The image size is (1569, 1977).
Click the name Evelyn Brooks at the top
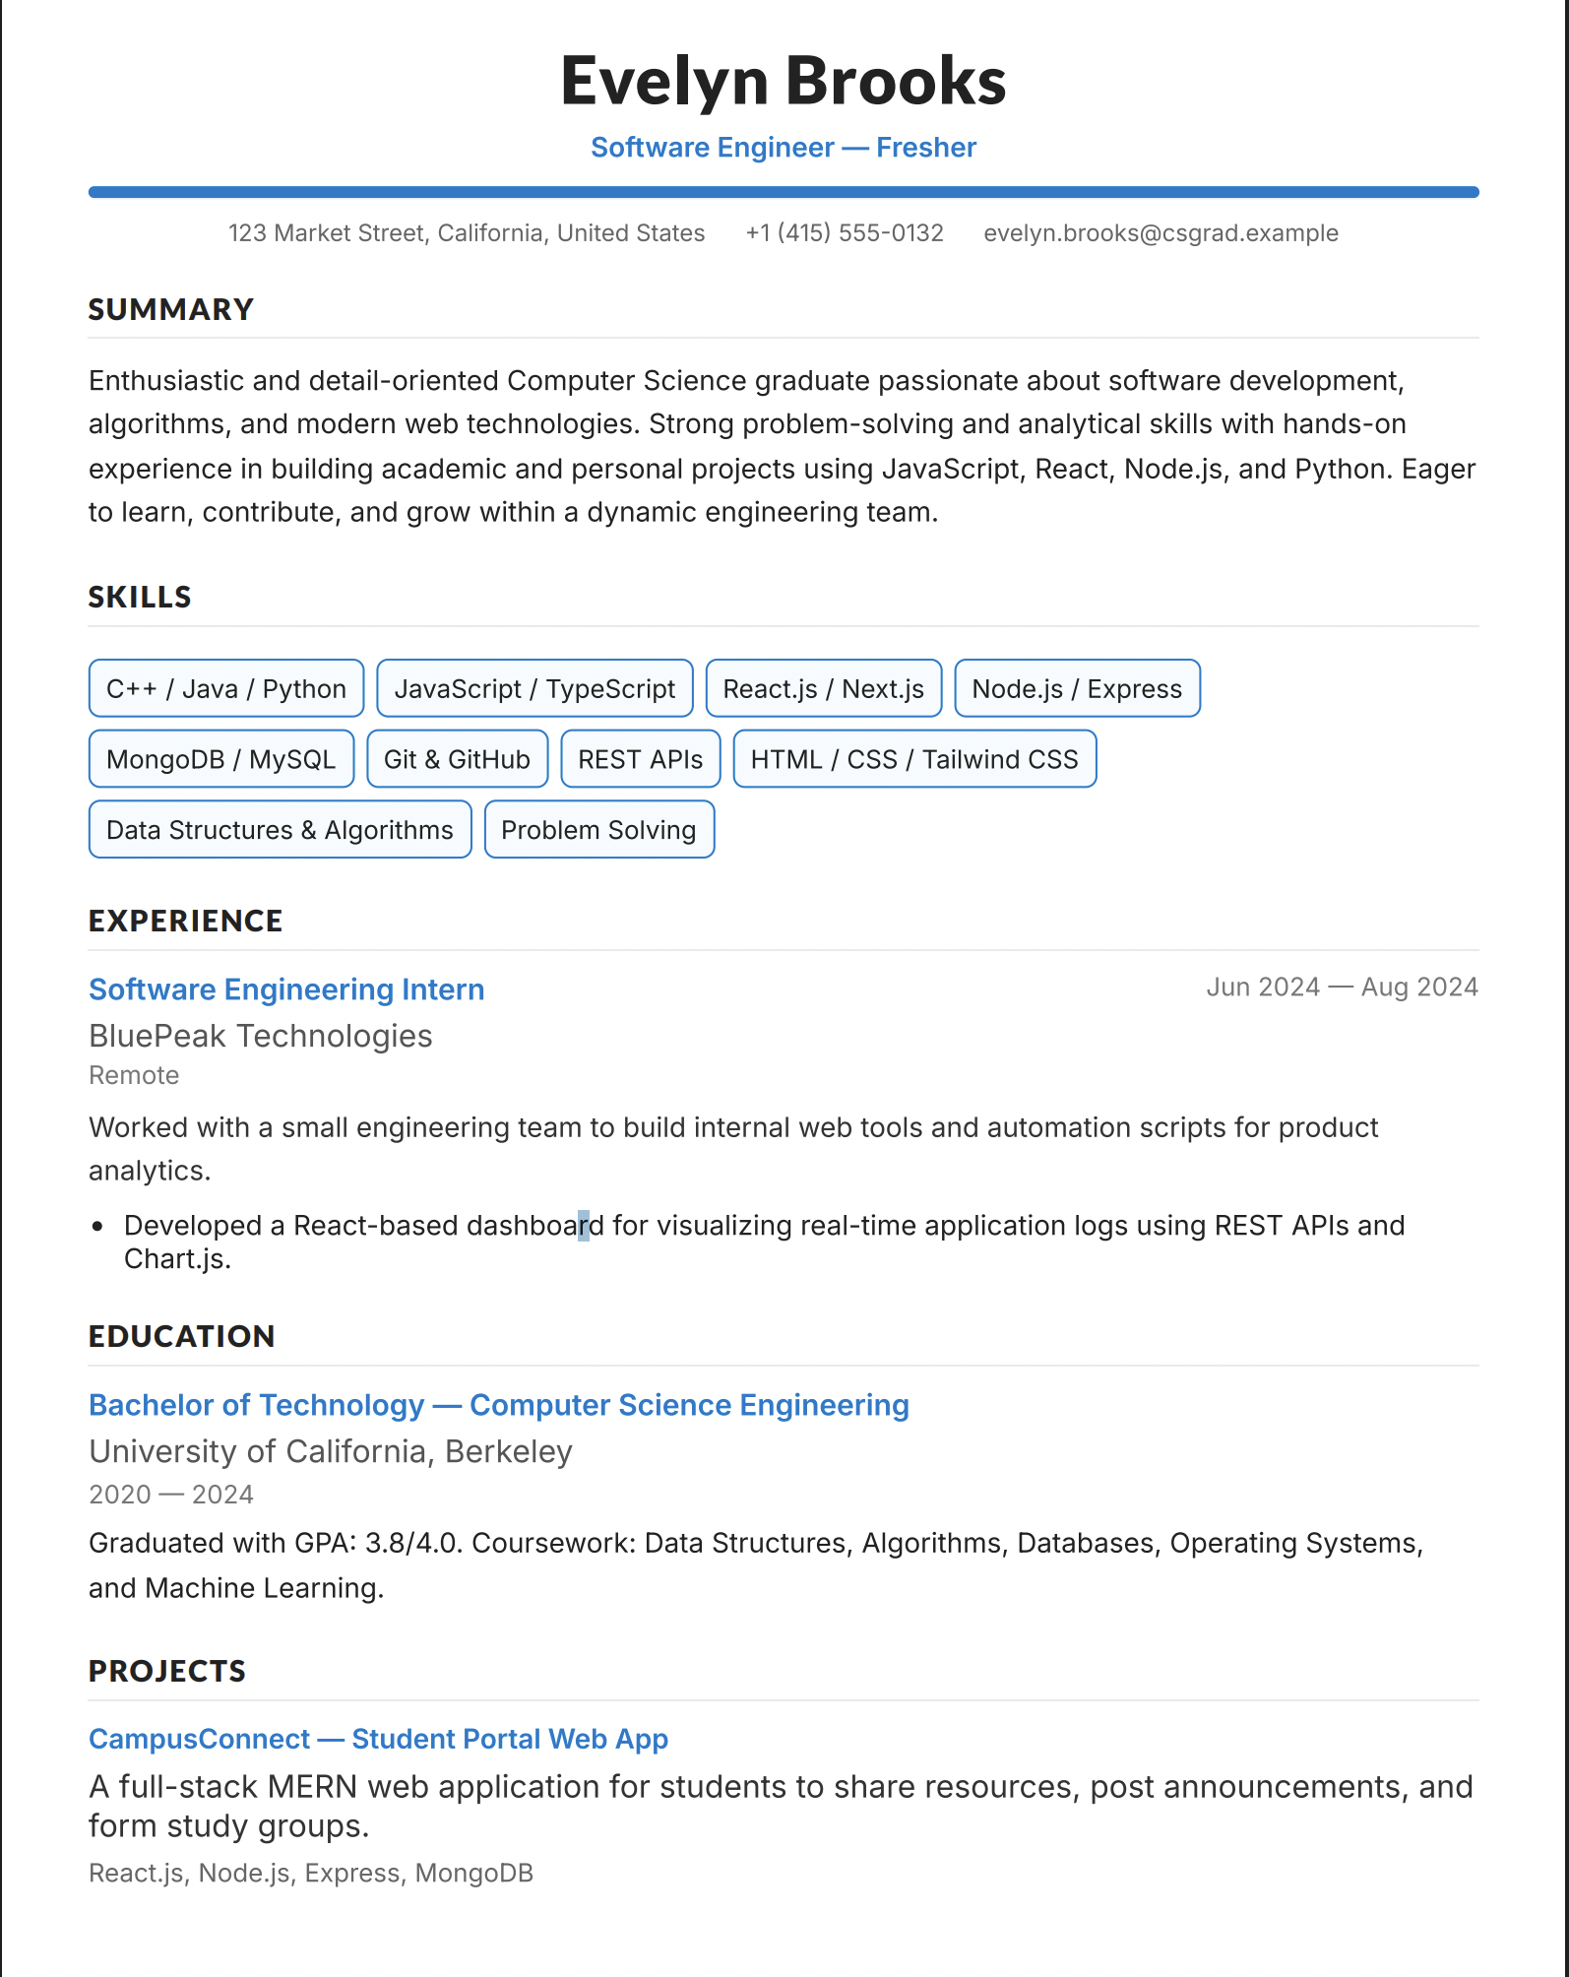coord(784,81)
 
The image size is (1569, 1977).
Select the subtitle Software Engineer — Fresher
coord(784,148)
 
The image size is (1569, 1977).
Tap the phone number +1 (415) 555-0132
coord(845,233)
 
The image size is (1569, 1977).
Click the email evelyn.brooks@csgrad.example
coord(1161,233)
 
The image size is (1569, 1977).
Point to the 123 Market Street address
coord(467,233)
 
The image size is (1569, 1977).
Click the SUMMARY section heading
coord(171,310)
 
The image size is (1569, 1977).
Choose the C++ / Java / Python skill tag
coord(226,689)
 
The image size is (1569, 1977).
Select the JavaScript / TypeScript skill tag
coord(534,689)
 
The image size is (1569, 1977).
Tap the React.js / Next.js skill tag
coord(823,689)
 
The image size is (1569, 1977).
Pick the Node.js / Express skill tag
coord(1077,689)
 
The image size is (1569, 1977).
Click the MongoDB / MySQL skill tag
coord(221,759)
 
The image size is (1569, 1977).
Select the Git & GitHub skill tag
coord(457,759)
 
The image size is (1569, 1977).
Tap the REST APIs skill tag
coord(640,759)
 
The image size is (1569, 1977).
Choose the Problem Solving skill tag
coord(598,830)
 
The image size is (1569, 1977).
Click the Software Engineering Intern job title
coord(286,989)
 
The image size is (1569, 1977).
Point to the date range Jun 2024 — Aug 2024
coord(1342,988)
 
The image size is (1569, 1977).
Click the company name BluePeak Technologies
coord(261,1037)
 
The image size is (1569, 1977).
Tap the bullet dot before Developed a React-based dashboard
coord(97,1227)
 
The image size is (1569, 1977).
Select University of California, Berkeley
coord(331,1452)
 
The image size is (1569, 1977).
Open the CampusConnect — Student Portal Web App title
coord(379,1740)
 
